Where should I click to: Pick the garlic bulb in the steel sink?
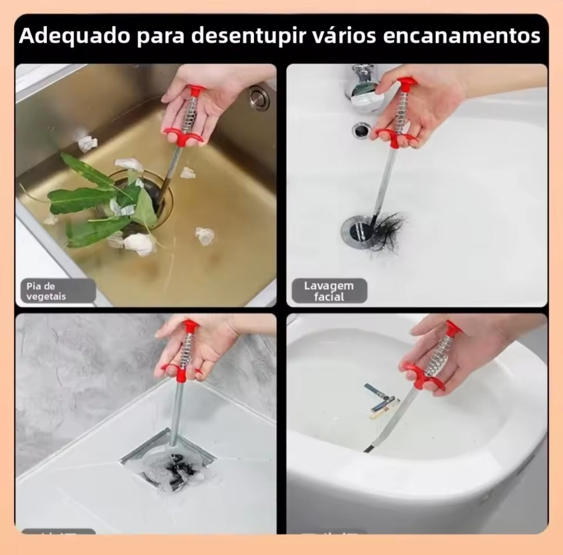(139, 243)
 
